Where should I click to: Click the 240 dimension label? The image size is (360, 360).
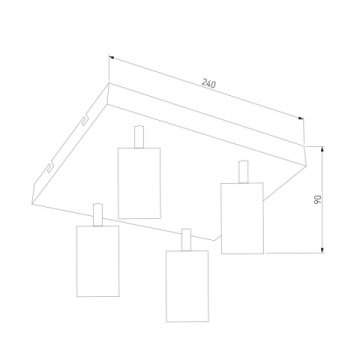pyautogui.click(x=209, y=84)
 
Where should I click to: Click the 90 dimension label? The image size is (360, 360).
pyautogui.click(x=318, y=200)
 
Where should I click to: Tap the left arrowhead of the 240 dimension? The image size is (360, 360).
pyautogui.click(x=111, y=58)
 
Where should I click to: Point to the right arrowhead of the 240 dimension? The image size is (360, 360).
pyautogui.click(x=301, y=118)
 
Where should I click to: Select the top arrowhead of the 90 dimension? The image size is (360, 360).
pyautogui.click(x=322, y=149)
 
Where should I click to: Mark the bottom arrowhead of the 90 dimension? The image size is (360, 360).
pyautogui.click(x=322, y=250)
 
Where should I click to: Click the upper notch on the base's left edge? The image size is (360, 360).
pyautogui.click(x=84, y=121)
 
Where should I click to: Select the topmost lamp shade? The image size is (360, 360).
pyautogui.click(x=139, y=183)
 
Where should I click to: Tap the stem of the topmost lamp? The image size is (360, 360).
pyautogui.click(x=139, y=137)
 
